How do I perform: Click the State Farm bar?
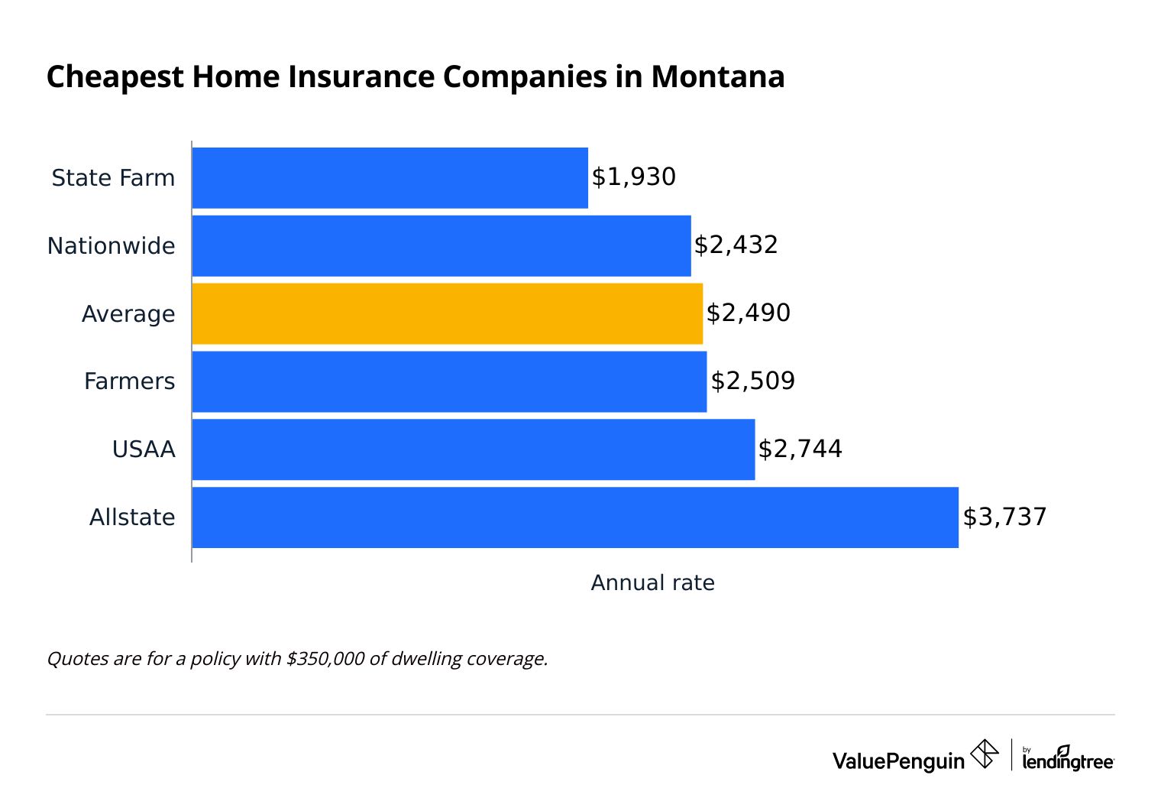pos(390,177)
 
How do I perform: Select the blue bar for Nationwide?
pos(441,245)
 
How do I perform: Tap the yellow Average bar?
pos(447,313)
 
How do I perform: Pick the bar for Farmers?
pos(449,381)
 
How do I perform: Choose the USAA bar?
pos(474,449)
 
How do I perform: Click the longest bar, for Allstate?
pos(574,517)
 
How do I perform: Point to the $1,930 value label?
pos(634,177)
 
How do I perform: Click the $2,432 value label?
pos(736,245)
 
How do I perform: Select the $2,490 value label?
pos(748,313)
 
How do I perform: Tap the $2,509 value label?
pos(752,381)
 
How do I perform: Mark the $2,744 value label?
pos(800,449)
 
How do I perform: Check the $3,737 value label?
pos(1004,517)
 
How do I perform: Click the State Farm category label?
pos(113,178)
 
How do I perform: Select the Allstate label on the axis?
pos(132,517)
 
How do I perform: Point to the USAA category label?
pos(144,449)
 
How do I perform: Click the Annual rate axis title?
pos(652,583)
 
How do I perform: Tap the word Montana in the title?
pos(717,77)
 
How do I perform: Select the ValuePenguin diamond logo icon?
pos(984,754)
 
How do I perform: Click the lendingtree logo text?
pos(1067,761)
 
